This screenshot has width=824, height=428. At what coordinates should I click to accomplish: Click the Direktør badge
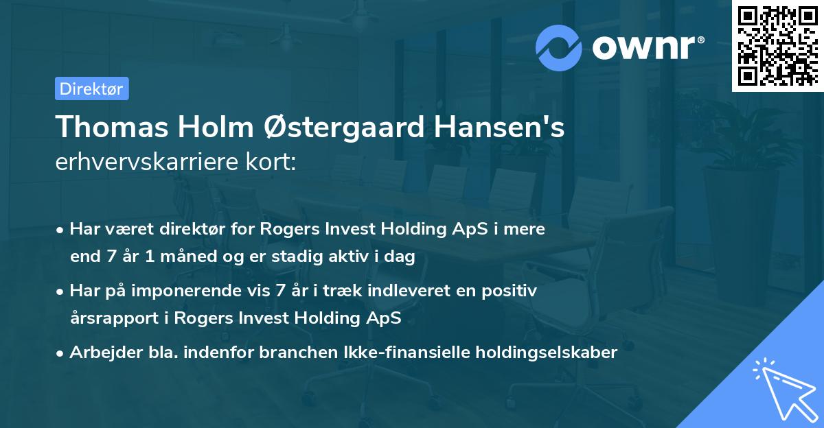pos(91,88)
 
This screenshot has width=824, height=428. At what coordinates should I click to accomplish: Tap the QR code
pos(777,45)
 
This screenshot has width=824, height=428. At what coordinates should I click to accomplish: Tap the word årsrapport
pos(109,318)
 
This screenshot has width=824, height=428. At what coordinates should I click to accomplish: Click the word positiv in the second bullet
pos(514,291)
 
